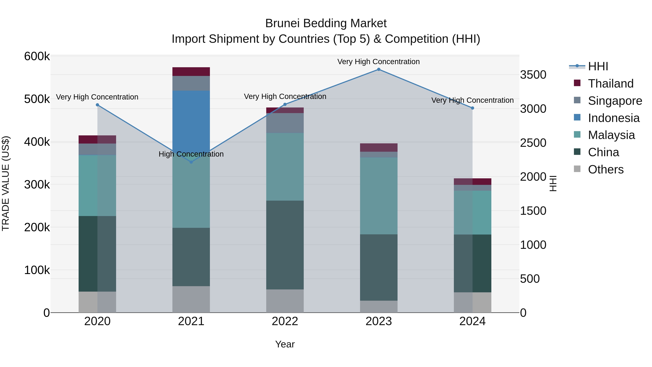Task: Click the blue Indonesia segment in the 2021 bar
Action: pyautogui.click(x=191, y=119)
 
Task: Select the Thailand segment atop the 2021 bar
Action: pyautogui.click(x=191, y=71)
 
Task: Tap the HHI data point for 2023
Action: pyautogui.click(x=379, y=69)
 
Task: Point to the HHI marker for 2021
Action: pyautogui.click(x=191, y=162)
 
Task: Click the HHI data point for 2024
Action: pyautogui.click(x=472, y=108)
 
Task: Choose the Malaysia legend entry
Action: pyautogui.click(x=611, y=135)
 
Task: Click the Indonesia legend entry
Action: pyautogui.click(x=614, y=118)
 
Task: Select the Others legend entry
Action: pyautogui.click(x=606, y=169)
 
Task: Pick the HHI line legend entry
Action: pyautogui.click(x=598, y=66)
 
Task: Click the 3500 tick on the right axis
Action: pyautogui.click(x=533, y=75)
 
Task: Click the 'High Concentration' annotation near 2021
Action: pyautogui.click(x=191, y=154)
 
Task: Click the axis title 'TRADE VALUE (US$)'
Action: pyautogui.click(x=6, y=183)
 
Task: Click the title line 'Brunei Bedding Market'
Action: pyautogui.click(x=326, y=23)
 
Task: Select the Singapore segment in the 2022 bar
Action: pyautogui.click(x=285, y=123)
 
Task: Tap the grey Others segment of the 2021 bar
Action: pyautogui.click(x=191, y=299)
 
